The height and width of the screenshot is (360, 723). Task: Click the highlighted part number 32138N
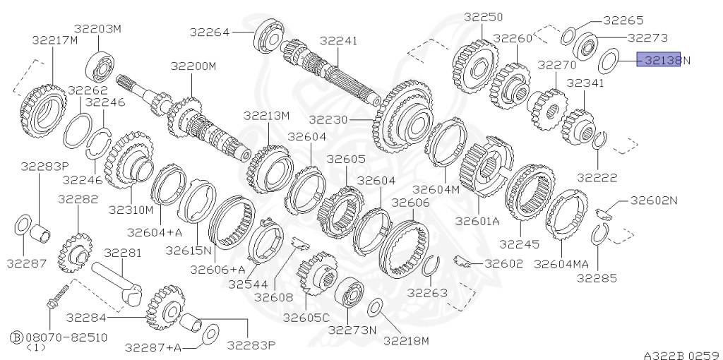tap(659, 60)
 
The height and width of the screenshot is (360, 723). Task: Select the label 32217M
tap(54, 40)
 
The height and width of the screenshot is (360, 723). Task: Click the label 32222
tap(597, 177)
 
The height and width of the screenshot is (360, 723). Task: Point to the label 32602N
tap(654, 200)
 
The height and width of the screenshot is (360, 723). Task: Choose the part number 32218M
tap(407, 341)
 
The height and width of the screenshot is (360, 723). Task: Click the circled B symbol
tap(16, 337)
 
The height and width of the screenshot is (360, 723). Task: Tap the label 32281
tap(123, 252)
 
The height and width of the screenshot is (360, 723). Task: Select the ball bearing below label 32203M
tap(100, 65)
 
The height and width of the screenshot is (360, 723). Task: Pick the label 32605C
tap(306, 318)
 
